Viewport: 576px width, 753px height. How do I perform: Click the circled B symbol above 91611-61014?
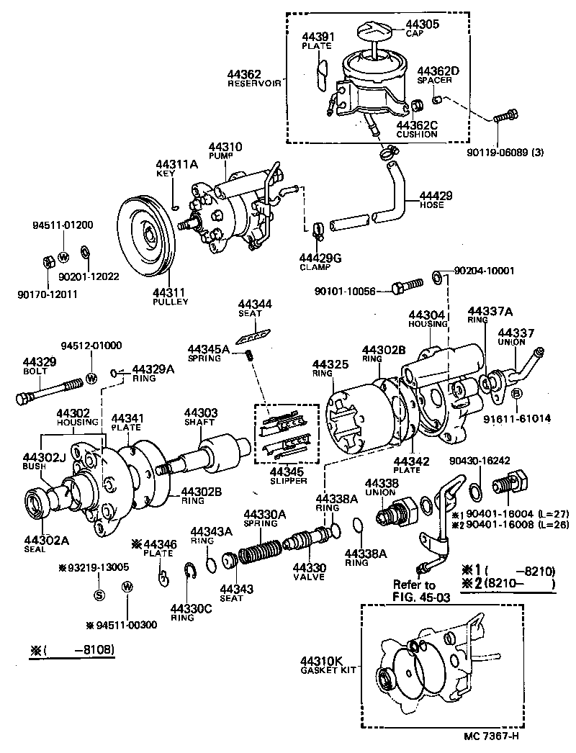(x=516, y=394)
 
